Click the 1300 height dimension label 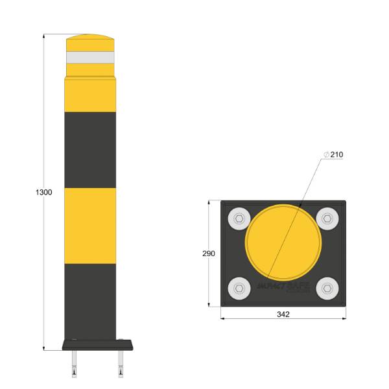coord(43,193)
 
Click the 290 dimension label coord(209,253)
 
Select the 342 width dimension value coord(283,314)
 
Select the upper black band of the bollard coord(90,150)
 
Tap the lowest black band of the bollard coord(90,301)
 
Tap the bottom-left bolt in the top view coord(239,288)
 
